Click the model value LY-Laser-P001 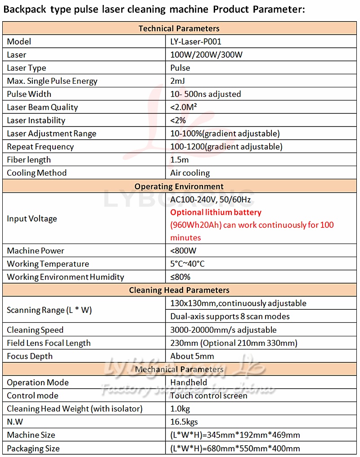coord(196,42)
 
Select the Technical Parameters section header coord(179,28)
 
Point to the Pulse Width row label coord(29,94)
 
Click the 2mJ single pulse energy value coord(178,81)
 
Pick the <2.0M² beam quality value coord(184,107)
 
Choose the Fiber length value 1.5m coord(180,160)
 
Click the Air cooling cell coord(190,173)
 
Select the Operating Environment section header coord(179,186)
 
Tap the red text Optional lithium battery coord(216,212)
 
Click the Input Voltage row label coord(32,219)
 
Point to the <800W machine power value coord(184,251)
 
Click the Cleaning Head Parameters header coord(179,290)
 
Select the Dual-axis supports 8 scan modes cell coord(230,317)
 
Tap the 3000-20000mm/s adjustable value coord(223,330)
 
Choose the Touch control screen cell coord(209,396)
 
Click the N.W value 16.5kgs coord(184,422)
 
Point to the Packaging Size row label coord(33,448)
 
